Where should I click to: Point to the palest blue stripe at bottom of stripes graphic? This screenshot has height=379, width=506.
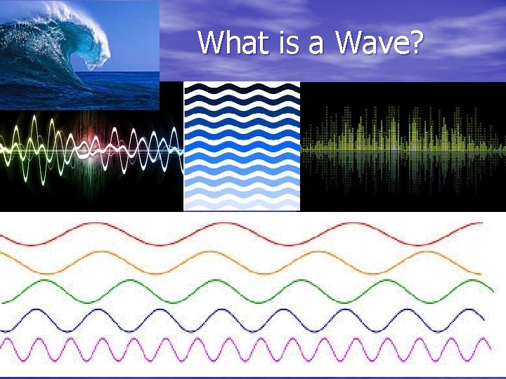coord(242,204)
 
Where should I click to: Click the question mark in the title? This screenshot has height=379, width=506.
coord(415,43)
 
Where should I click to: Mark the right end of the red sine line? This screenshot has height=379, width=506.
coord(483,223)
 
